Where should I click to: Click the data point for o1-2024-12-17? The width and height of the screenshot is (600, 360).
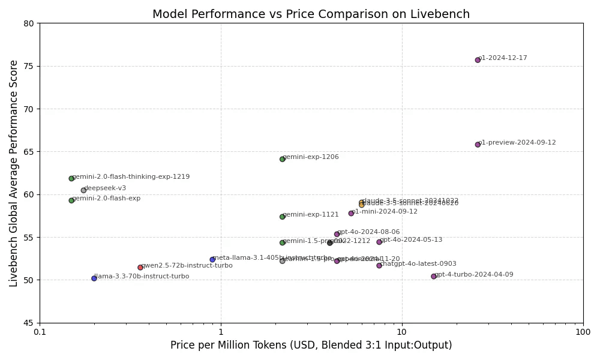coord(478,60)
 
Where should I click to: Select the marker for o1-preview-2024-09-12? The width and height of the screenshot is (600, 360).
coord(478,145)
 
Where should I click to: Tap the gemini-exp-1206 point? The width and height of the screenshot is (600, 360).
coord(282,159)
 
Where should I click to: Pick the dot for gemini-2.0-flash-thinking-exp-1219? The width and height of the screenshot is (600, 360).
coord(71,178)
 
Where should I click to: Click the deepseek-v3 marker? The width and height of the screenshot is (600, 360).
coord(83,190)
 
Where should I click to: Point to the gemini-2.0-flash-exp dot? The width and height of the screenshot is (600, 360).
coord(71,200)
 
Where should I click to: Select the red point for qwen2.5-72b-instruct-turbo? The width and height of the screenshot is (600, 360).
coord(140,268)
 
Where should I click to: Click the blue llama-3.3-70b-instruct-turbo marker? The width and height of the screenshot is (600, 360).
coord(94,278)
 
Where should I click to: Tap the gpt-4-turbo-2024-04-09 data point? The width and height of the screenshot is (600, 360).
coord(434,277)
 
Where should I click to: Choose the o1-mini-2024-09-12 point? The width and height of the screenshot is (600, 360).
coord(351,214)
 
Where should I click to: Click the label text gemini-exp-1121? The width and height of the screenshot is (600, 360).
coord(311,214)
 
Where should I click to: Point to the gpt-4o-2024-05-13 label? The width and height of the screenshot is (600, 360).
coord(411,240)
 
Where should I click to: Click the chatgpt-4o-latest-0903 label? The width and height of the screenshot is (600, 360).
coord(418,264)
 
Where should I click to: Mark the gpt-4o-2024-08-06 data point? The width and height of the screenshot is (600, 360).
coord(337,234)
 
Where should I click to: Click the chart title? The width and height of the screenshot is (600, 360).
coord(311,14)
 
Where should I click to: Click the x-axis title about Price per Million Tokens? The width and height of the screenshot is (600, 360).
coord(311,346)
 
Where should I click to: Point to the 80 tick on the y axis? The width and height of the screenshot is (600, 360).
coord(29,23)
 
